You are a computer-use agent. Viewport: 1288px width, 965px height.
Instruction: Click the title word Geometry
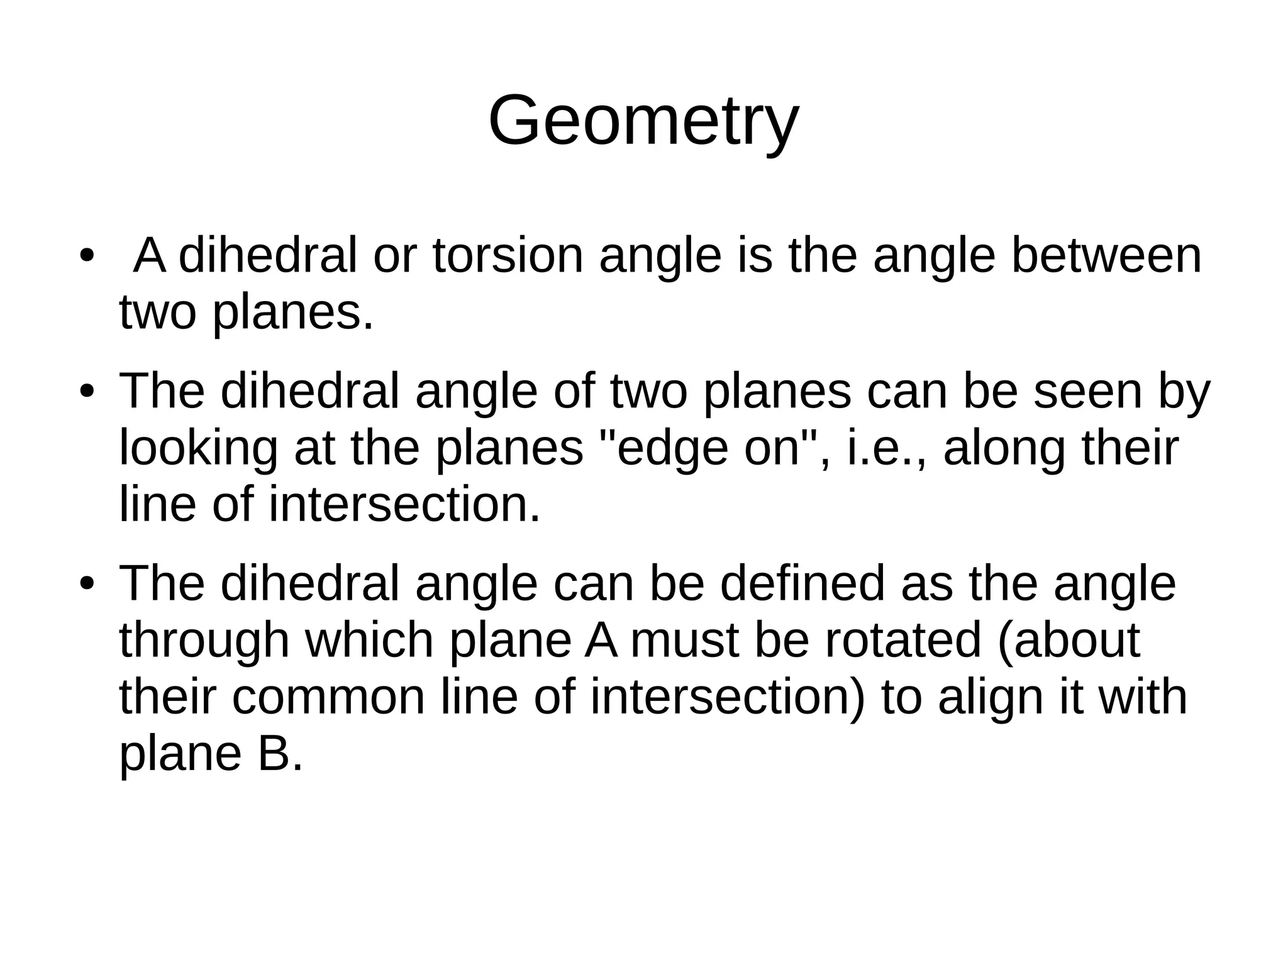tap(643, 121)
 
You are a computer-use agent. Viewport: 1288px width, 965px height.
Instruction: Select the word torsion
tap(508, 256)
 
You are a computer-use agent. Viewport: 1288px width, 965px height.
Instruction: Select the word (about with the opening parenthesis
tap(1069, 640)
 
